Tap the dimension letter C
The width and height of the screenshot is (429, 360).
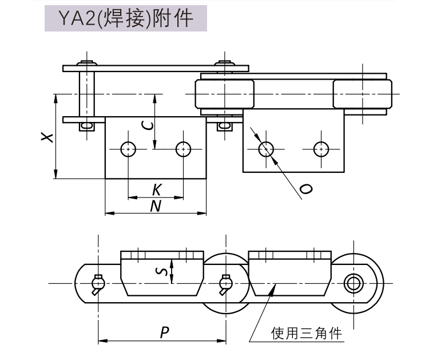(x=147, y=125)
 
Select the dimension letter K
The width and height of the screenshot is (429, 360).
(x=156, y=189)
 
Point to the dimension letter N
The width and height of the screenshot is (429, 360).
(x=155, y=206)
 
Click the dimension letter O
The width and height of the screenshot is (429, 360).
(x=305, y=189)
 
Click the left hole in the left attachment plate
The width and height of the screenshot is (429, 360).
(x=128, y=148)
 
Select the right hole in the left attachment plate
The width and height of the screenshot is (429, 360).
(x=183, y=148)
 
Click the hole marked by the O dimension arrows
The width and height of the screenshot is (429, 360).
(x=266, y=148)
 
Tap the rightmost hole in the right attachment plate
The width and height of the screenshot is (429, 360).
(x=321, y=148)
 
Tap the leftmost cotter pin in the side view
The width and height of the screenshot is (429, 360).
(x=98, y=282)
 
